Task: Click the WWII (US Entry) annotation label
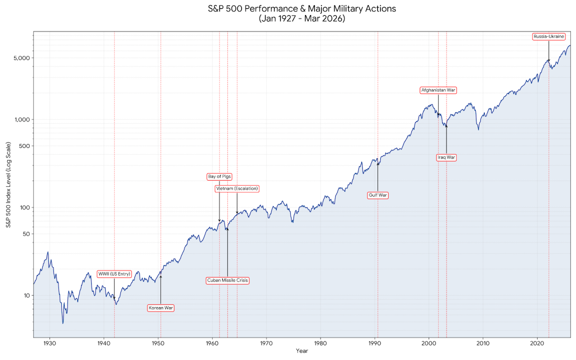pos(114,274)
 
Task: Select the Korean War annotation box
pos(161,308)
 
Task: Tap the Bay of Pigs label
pos(219,177)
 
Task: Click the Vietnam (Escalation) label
pos(237,188)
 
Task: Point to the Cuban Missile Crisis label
pos(227,280)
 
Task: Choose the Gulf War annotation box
pos(378,195)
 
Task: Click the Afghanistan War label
pos(438,90)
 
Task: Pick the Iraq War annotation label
pos(446,157)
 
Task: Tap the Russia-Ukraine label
pos(548,37)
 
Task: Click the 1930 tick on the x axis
pos(49,343)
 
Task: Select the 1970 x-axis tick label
pos(266,343)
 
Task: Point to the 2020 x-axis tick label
pos(537,343)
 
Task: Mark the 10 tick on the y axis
pos(25,295)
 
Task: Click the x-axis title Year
pos(302,351)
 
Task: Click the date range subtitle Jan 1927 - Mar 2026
pos(302,19)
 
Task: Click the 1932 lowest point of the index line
pos(62,323)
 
